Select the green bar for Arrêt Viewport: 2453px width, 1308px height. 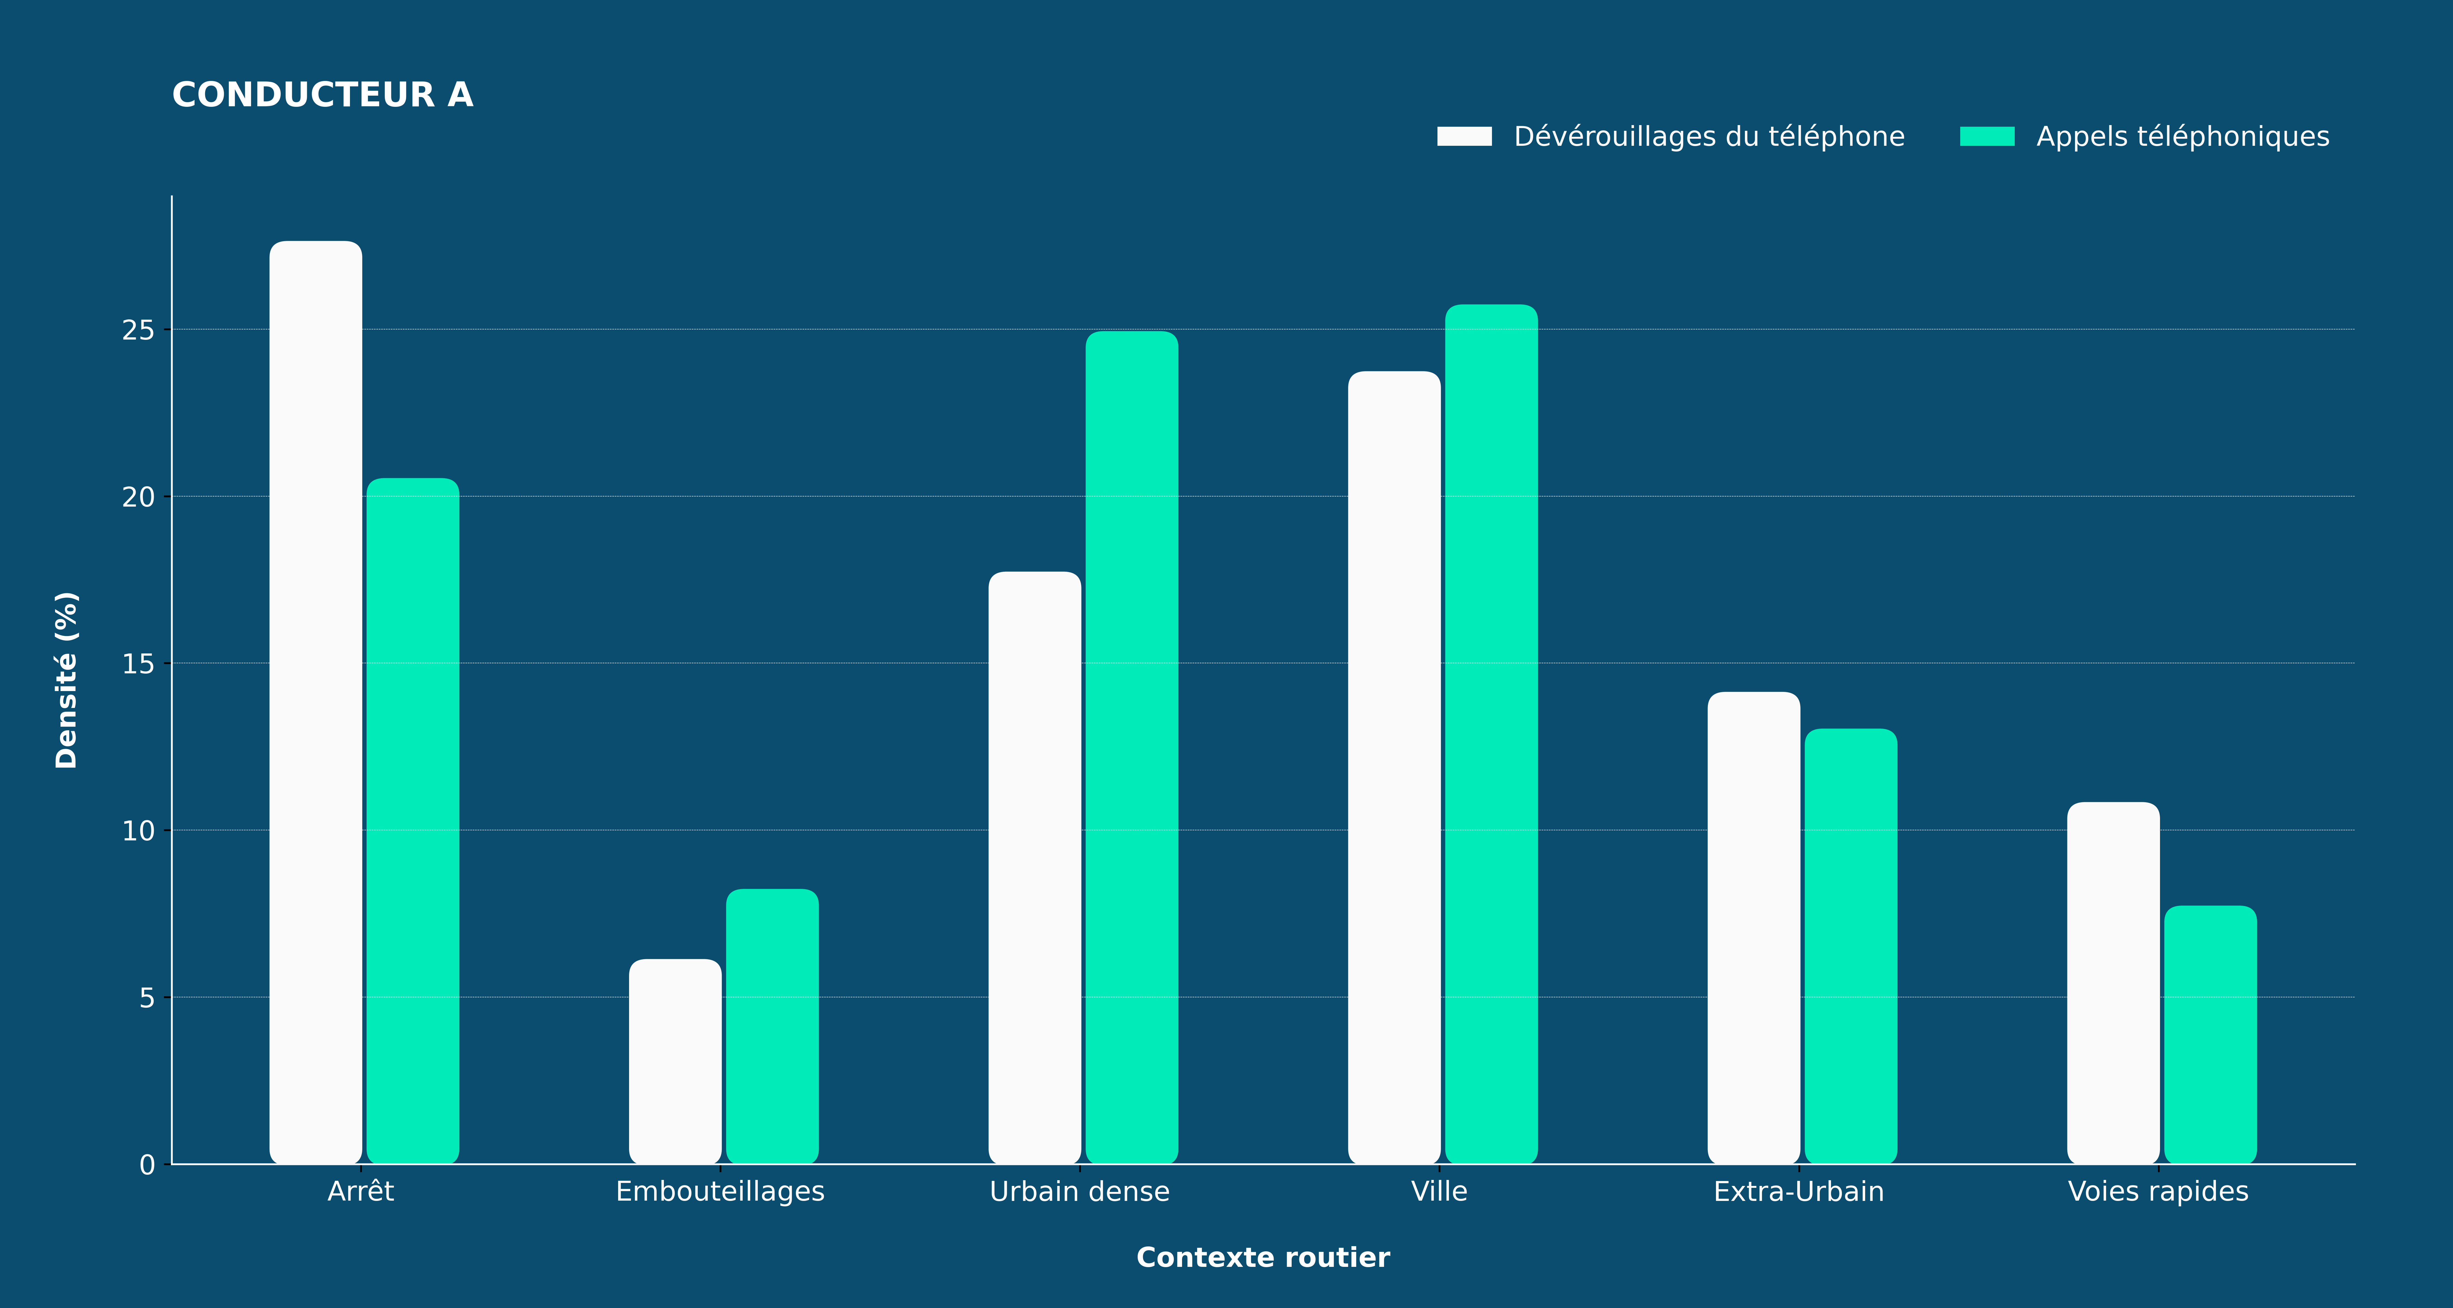pos(412,820)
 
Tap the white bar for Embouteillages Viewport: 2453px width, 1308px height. pos(675,1061)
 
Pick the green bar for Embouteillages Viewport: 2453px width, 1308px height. pos(772,1026)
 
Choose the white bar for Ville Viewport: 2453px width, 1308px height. pos(1394,767)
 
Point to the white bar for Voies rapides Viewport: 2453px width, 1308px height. pos(2113,982)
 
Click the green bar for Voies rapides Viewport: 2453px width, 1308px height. pos(2210,1035)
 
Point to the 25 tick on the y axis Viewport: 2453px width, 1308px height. pos(168,329)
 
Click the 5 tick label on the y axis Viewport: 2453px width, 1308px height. pos(147,998)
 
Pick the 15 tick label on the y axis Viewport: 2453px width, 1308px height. pos(138,664)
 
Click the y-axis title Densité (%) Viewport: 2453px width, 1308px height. pos(66,680)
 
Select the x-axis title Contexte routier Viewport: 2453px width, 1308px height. pos(1263,1258)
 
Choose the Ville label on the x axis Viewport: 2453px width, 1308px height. pos(1439,1192)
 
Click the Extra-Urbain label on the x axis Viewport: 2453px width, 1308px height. pos(1799,1192)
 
